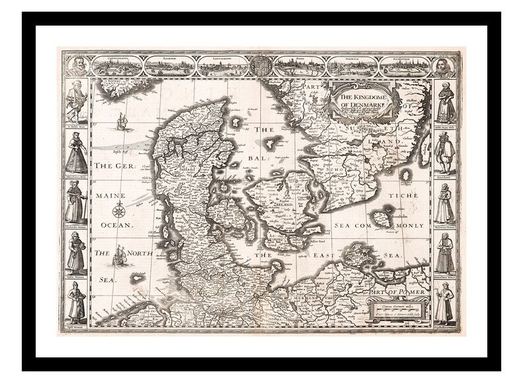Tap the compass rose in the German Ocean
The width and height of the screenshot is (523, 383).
[119, 211]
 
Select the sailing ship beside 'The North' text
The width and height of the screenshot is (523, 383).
[120, 255]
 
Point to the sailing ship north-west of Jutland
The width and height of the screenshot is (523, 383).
[121, 121]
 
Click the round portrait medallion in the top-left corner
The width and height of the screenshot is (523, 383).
[78, 66]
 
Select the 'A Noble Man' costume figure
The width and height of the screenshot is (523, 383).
[76, 102]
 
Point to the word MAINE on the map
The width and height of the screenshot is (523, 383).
[110, 195]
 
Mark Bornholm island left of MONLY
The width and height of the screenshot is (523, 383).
[380, 218]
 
